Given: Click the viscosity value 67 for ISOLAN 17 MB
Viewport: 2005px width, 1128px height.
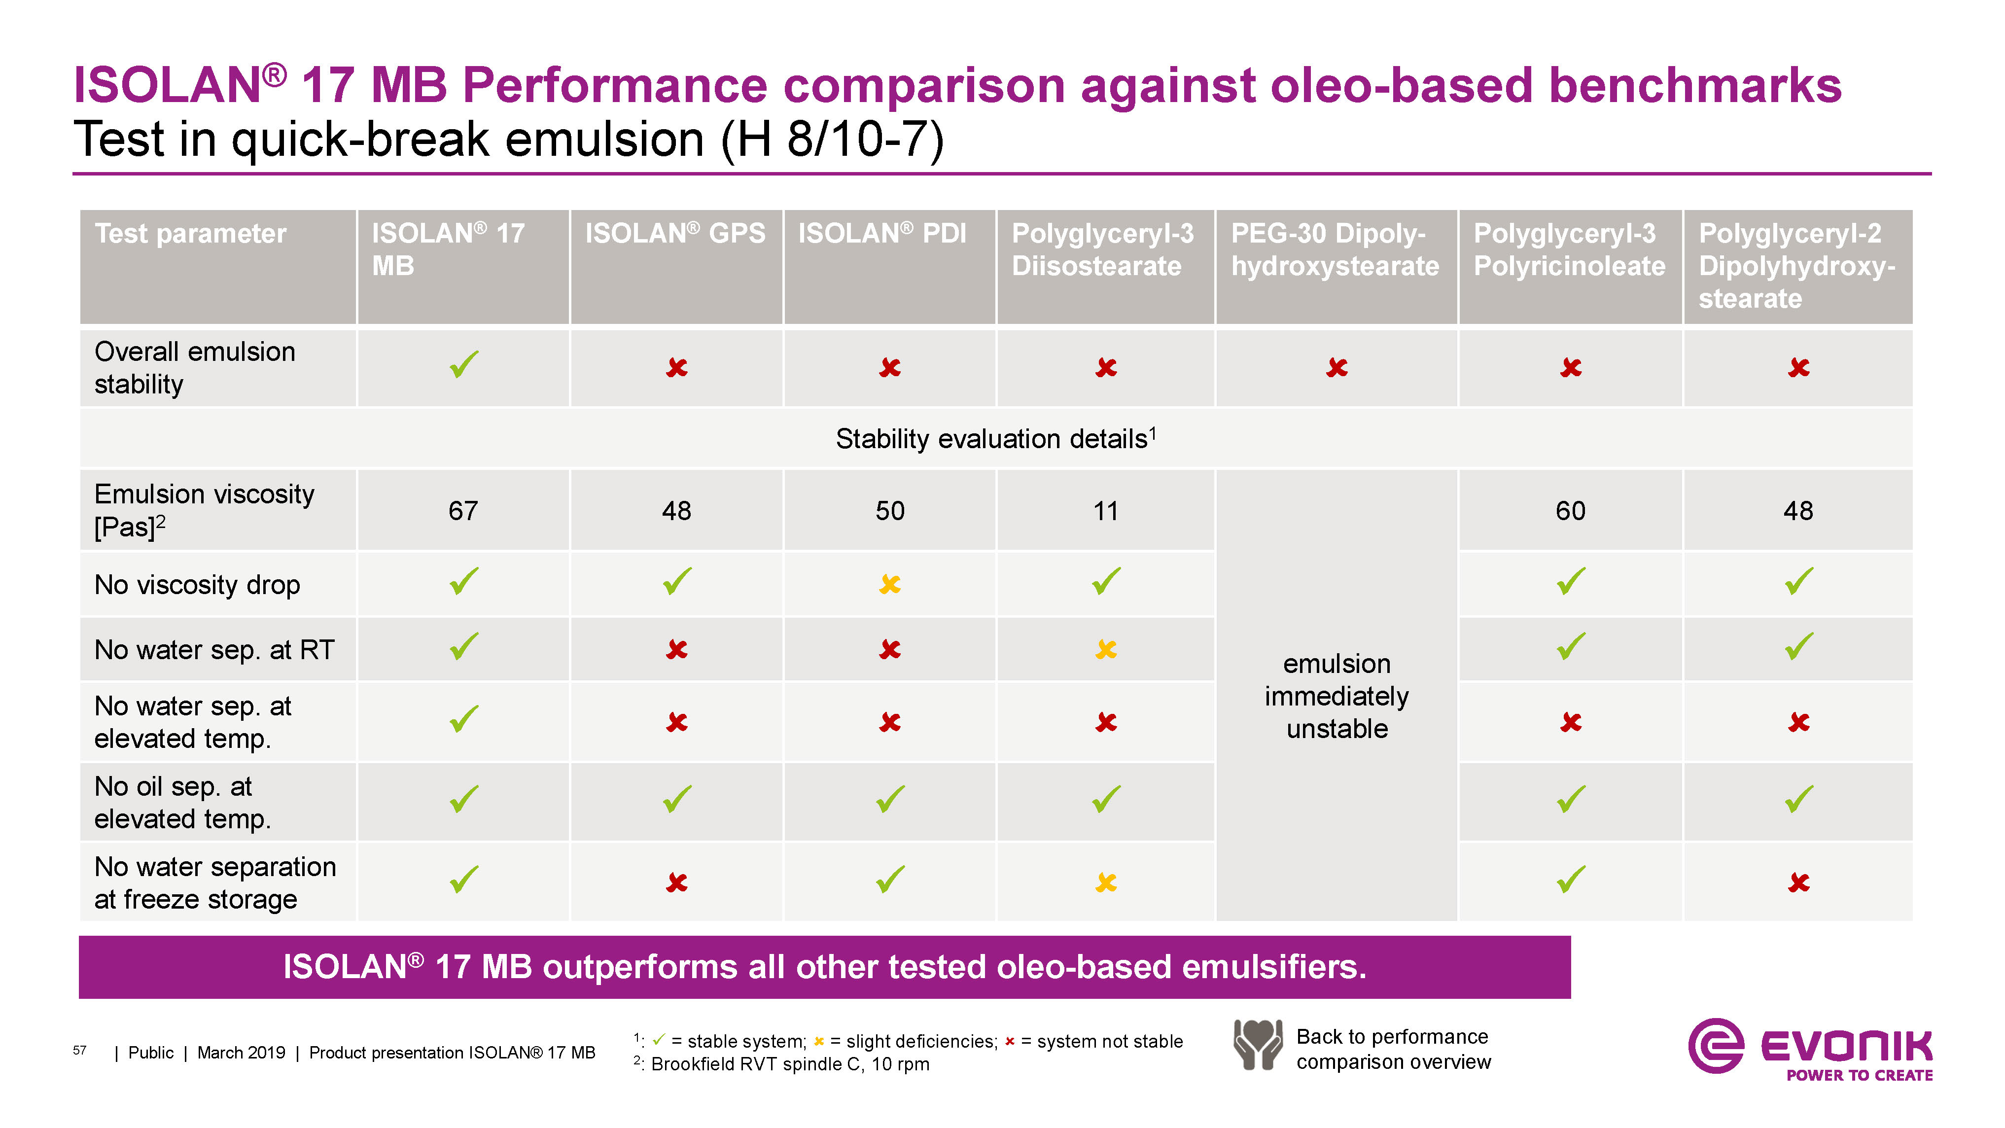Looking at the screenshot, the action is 463,511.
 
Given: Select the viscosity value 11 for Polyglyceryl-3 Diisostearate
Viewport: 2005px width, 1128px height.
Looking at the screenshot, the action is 1105,511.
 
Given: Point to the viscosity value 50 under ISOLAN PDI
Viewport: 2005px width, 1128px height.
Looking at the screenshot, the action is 890,511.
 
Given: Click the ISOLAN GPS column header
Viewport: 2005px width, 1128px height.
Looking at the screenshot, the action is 675,234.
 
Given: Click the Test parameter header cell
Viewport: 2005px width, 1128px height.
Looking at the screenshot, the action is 191,234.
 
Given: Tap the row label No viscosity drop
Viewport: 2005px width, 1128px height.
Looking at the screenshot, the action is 197,585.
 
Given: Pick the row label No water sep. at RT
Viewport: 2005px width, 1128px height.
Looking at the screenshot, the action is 214,649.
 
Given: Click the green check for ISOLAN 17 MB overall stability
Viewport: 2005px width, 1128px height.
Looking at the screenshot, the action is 464,364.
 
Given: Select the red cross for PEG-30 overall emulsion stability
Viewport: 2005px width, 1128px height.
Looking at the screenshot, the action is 1337,367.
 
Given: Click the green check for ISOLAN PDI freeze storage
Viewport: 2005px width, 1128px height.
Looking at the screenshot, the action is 890,879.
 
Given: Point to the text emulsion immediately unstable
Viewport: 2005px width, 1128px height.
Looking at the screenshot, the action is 1337,696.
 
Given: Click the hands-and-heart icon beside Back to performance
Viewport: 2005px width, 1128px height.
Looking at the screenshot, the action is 1257,1045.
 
